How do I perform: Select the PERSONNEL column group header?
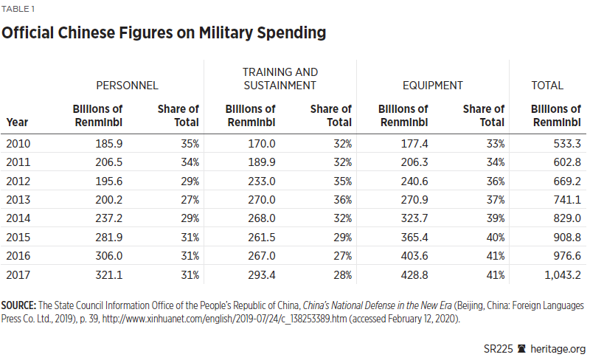click(127, 86)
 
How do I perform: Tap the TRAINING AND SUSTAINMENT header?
click(280, 79)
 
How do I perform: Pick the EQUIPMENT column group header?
click(433, 86)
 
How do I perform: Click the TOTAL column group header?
click(547, 86)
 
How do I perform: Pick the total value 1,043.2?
click(558, 275)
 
